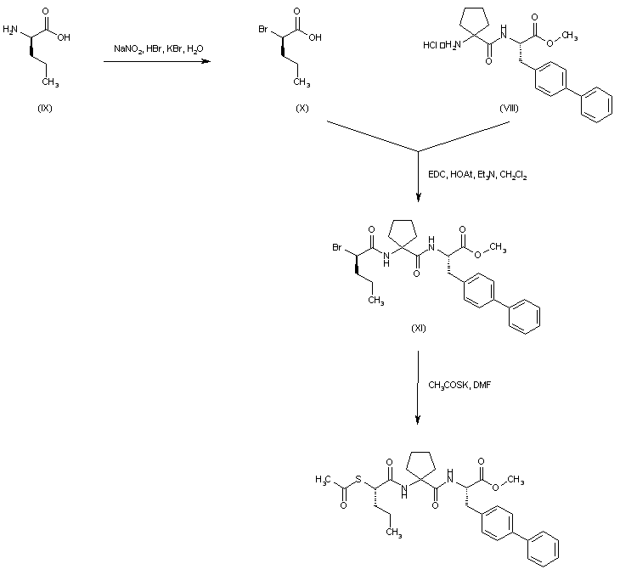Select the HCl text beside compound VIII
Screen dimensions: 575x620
pyautogui.click(x=430, y=44)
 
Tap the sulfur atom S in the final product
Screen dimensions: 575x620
pyautogui.click(x=360, y=484)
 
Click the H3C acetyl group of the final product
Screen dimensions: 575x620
pyautogui.click(x=322, y=480)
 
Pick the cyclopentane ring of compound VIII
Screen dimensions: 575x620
pyautogui.click(x=468, y=21)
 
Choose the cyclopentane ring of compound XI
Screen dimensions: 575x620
pyautogui.click(x=403, y=233)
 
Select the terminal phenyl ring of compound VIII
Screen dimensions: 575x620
pyautogui.click(x=597, y=104)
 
